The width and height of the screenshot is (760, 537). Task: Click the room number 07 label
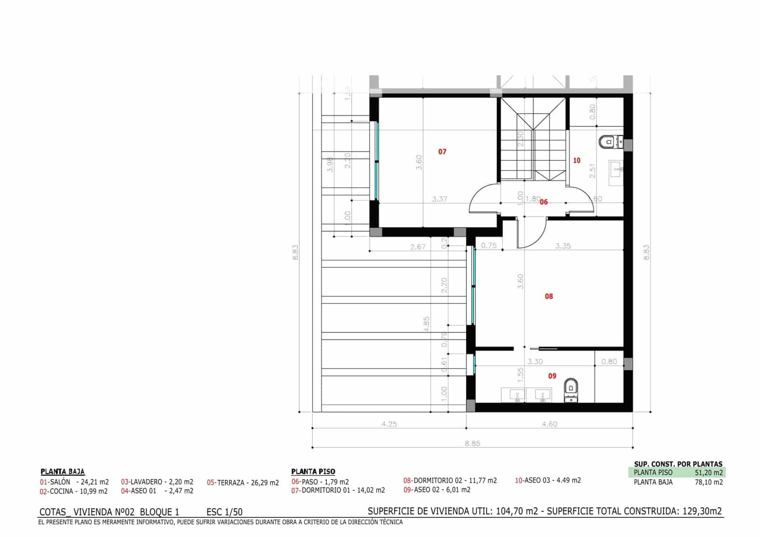pos(442,152)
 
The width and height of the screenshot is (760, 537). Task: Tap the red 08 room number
pos(549,296)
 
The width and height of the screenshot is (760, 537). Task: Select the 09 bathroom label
pos(552,376)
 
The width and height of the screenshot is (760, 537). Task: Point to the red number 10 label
pos(577,160)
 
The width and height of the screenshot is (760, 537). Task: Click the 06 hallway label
pos(543,202)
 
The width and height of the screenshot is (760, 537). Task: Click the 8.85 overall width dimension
pos(472,443)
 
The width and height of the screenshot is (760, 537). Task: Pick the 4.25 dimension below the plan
pos(389,424)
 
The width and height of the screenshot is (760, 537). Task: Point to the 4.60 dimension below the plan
pos(549,424)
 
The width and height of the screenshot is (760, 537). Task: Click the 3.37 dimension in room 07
pos(439,199)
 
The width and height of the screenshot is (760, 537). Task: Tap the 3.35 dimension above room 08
pos(563,246)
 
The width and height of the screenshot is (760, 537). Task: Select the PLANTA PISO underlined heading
pos(313,471)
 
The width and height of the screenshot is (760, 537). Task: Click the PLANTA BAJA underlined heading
pos(63,471)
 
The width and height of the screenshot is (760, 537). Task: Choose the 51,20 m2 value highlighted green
pos(709,472)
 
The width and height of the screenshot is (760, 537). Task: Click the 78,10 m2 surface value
pos(709,482)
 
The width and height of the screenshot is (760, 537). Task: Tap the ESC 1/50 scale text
pos(224,512)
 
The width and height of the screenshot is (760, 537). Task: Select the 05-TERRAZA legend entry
pos(243,483)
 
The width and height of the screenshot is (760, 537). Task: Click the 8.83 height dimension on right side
pos(646,252)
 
